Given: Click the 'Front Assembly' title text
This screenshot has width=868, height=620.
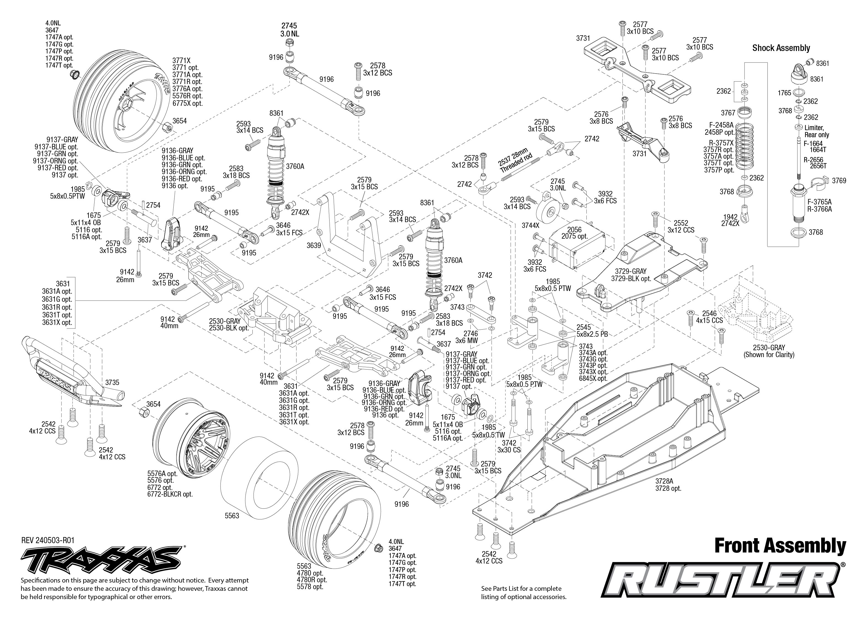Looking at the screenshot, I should (780, 546).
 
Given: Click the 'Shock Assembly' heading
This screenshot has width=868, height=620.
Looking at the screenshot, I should (781, 48).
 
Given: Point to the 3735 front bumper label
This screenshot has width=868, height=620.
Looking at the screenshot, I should (112, 382).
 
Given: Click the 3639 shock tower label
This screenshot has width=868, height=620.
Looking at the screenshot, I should (314, 246).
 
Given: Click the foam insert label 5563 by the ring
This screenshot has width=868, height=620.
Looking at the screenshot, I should (232, 516).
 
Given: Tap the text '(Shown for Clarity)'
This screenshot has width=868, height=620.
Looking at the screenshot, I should (769, 355).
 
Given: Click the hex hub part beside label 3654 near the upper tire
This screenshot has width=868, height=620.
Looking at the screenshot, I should (166, 127).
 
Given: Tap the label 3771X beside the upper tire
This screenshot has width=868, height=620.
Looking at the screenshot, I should (181, 60).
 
